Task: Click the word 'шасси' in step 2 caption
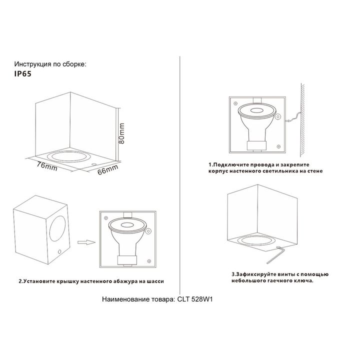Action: coord(155,281)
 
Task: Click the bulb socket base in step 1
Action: coord(256,146)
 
